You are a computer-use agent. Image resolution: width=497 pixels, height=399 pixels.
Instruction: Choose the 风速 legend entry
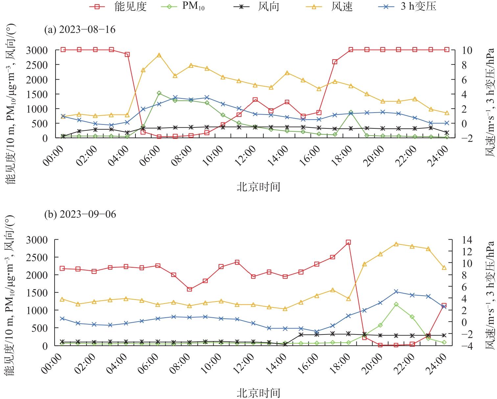342,6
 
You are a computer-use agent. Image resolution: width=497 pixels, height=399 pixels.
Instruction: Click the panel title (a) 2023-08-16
80,30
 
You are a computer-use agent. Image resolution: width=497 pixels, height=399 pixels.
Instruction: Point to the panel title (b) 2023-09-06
80,214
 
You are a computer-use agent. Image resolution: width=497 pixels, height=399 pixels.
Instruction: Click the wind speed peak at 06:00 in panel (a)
159,55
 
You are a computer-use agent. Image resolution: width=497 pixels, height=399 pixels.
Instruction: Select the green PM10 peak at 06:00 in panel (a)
159,93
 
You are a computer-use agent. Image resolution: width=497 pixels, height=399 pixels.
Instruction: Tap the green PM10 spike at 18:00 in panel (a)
351,112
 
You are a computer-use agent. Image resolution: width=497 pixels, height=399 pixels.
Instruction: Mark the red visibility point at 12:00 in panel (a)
255,99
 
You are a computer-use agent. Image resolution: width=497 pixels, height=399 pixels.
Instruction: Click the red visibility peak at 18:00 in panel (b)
348,242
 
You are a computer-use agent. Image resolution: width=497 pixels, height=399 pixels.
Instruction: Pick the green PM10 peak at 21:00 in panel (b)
396,304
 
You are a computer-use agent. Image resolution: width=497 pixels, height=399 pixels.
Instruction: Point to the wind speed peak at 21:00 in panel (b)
396,244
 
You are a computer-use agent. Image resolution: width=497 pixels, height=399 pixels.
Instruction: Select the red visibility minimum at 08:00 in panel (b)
189,289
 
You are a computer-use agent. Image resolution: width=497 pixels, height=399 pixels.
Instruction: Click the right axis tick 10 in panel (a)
468,50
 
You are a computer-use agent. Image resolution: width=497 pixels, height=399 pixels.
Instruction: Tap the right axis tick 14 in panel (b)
467,240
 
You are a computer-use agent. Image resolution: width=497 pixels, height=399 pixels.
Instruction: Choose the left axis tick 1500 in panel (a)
40,94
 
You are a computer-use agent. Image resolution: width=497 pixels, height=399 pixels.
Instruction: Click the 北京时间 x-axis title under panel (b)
258,393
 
